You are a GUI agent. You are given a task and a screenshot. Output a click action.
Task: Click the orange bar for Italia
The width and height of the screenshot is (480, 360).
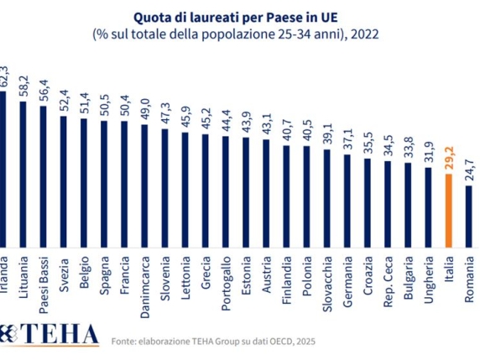click(449, 203)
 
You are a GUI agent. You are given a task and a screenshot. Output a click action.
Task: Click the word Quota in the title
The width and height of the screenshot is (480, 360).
click(149, 16)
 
